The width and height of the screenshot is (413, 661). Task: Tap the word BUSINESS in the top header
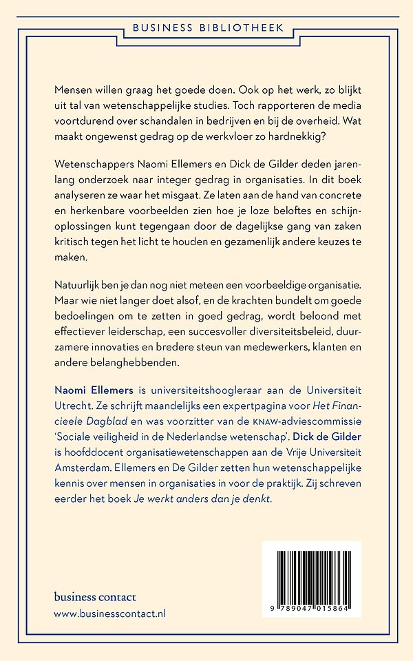click(161, 28)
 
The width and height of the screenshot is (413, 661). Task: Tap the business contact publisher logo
click(95, 597)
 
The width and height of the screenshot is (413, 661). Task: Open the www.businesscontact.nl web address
click(110, 613)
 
